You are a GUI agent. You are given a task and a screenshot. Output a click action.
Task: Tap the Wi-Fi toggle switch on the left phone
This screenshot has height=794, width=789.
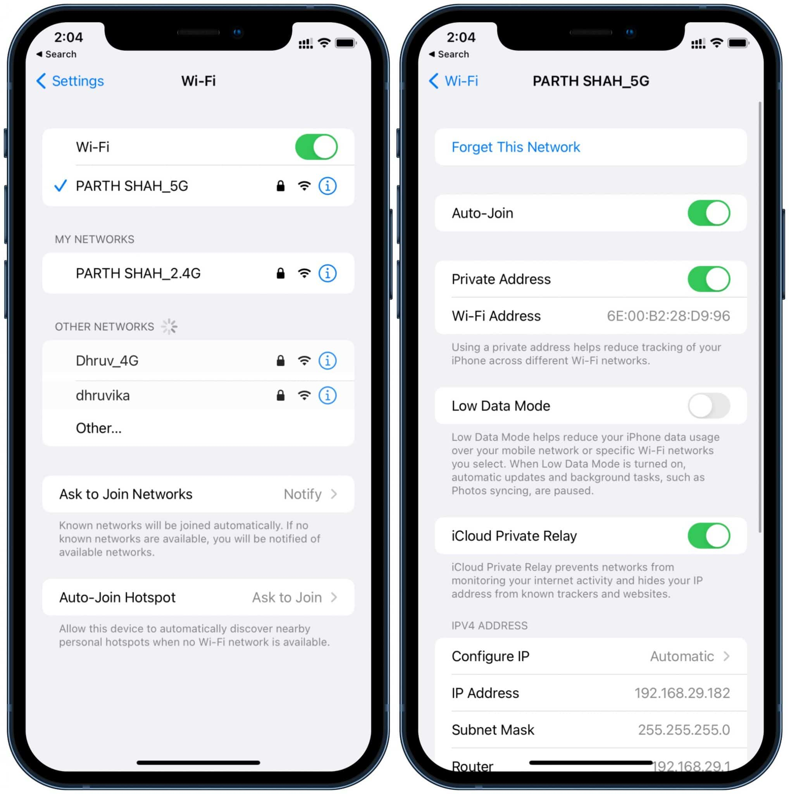click(316, 147)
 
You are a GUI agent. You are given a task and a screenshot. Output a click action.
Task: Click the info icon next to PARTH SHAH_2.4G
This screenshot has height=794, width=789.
click(327, 273)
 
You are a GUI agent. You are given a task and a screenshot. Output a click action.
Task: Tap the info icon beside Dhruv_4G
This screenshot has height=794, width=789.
click(327, 361)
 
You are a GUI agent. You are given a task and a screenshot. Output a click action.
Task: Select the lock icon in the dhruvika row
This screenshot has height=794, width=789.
click(280, 395)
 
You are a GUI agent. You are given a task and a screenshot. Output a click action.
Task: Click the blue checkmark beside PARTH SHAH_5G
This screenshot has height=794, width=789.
click(60, 186)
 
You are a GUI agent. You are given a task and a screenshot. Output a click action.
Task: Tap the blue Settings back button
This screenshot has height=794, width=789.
click(70, 81)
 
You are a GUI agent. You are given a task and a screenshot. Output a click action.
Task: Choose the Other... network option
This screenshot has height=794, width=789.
click(98, 428)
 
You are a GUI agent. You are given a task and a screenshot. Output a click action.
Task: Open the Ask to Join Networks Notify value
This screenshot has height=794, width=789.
click(302, 494)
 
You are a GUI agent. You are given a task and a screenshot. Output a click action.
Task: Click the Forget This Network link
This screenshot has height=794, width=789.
click(515, 147)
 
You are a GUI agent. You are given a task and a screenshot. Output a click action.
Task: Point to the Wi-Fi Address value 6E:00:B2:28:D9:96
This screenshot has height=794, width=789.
click(668, 316)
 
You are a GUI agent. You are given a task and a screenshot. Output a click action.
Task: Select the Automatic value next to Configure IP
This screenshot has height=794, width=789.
click(681, 656)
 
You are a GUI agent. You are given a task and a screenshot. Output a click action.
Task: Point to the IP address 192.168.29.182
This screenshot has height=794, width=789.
click(682, 693)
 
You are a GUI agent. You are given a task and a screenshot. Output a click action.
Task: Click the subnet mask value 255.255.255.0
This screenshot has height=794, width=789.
click(684, 730)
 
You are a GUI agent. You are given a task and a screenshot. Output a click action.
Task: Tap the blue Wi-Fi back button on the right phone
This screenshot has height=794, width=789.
click(453, 81)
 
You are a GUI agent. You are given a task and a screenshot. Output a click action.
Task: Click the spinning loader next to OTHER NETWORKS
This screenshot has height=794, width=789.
click(169, 327)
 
